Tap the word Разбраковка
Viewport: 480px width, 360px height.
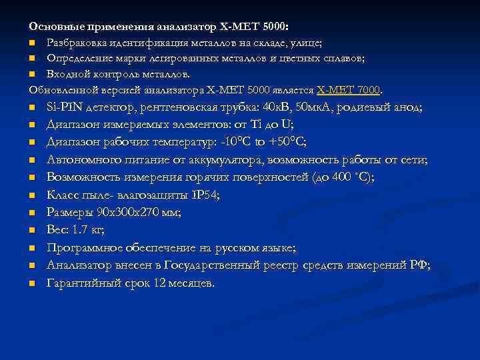click(x=77, y=43)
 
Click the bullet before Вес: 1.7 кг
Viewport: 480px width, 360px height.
click(x=31, y=231)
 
